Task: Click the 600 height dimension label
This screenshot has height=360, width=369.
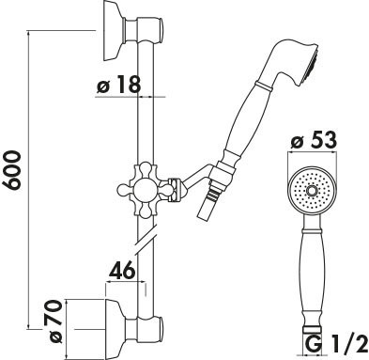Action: pos(13,170)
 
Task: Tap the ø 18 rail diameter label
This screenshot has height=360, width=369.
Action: pos(118,84)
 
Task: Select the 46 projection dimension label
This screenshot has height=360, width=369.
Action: pos(122,271)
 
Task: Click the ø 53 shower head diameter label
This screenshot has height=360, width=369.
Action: pos(314,139)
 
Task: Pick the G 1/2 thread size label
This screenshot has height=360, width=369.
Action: pos(336,344)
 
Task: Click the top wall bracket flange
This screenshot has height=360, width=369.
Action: pos(114,31)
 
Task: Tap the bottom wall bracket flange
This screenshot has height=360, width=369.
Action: pos(115,329)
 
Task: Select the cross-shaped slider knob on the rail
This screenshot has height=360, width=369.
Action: pos(145,190)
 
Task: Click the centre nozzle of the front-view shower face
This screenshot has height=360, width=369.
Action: pos(312,191)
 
